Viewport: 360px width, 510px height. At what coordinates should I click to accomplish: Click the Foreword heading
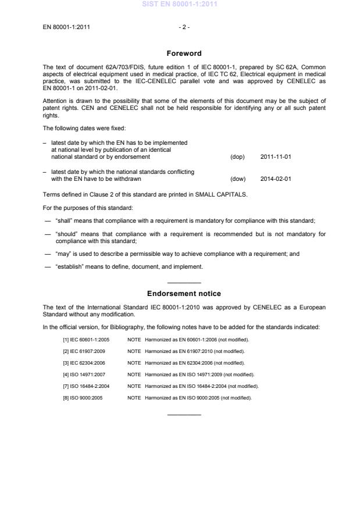click(x=184, y=54)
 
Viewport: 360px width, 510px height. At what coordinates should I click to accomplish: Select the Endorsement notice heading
click(x=184, y=294)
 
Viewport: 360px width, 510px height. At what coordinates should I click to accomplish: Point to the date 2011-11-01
click(x=276, y=157)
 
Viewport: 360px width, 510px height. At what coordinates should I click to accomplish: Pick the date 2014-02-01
click(x=276, y=179)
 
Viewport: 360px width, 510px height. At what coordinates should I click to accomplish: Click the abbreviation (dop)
click(x=237, y=157)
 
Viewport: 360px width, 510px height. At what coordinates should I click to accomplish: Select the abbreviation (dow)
click(x=238, y=179)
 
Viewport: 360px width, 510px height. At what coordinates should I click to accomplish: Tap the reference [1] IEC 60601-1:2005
click(x=86, y=339)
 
